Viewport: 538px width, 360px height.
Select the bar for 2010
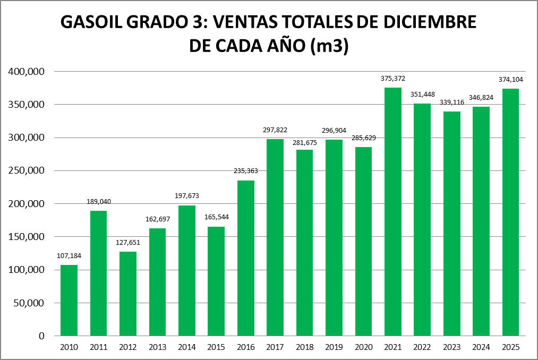(69, 300)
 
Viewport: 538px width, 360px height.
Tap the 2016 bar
(246, 258)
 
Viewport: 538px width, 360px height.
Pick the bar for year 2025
(510, 212)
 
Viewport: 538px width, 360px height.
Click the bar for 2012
(128, 294)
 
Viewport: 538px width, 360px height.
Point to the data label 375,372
(393, 79)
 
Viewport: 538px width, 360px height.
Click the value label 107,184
(69, 256)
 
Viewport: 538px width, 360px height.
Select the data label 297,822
(275, 130)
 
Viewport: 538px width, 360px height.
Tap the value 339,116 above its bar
(451, 102)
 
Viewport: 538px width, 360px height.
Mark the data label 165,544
(216, 218)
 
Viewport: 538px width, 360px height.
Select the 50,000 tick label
(30, 303)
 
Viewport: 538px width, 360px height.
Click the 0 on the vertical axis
(41, 336)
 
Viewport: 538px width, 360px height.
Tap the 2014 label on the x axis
(187, 347)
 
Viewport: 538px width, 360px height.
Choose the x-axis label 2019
(334, 347)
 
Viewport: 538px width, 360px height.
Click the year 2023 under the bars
(451, 347)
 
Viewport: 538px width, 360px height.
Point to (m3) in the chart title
(328, 47)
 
